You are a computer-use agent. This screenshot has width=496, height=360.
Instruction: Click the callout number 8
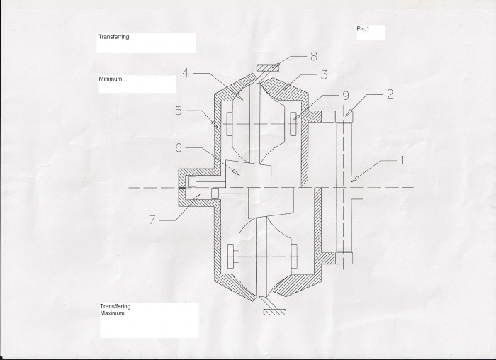coord(313,56)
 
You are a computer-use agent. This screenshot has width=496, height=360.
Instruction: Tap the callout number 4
coord(186,73)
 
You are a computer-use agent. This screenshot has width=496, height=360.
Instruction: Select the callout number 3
coord(324,75)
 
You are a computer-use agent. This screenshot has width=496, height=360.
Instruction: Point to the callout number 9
coord(346,96)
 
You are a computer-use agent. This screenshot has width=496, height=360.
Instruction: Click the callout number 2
coord(390,94)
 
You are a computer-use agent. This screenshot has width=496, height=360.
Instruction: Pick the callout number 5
coord(179,111)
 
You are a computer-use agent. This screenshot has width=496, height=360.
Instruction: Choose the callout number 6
coord(179,147)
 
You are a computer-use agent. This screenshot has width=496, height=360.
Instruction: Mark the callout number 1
coord(402,160)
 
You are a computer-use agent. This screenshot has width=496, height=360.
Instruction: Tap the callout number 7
coord(152,220)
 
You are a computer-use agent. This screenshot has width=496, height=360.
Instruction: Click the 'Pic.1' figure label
coord(363,29)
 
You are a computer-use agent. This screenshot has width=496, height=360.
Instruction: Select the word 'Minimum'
coord(111,79)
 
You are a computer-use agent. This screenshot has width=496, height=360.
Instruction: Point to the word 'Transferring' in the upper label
coord(114,37)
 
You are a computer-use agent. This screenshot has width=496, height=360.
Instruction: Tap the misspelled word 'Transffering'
coord(115,307)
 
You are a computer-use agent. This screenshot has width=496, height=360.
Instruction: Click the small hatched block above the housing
coord(268,68)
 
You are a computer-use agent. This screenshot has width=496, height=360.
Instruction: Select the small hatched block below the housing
coord(275,312)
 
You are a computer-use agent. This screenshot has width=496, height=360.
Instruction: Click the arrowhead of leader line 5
coord(215,125)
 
